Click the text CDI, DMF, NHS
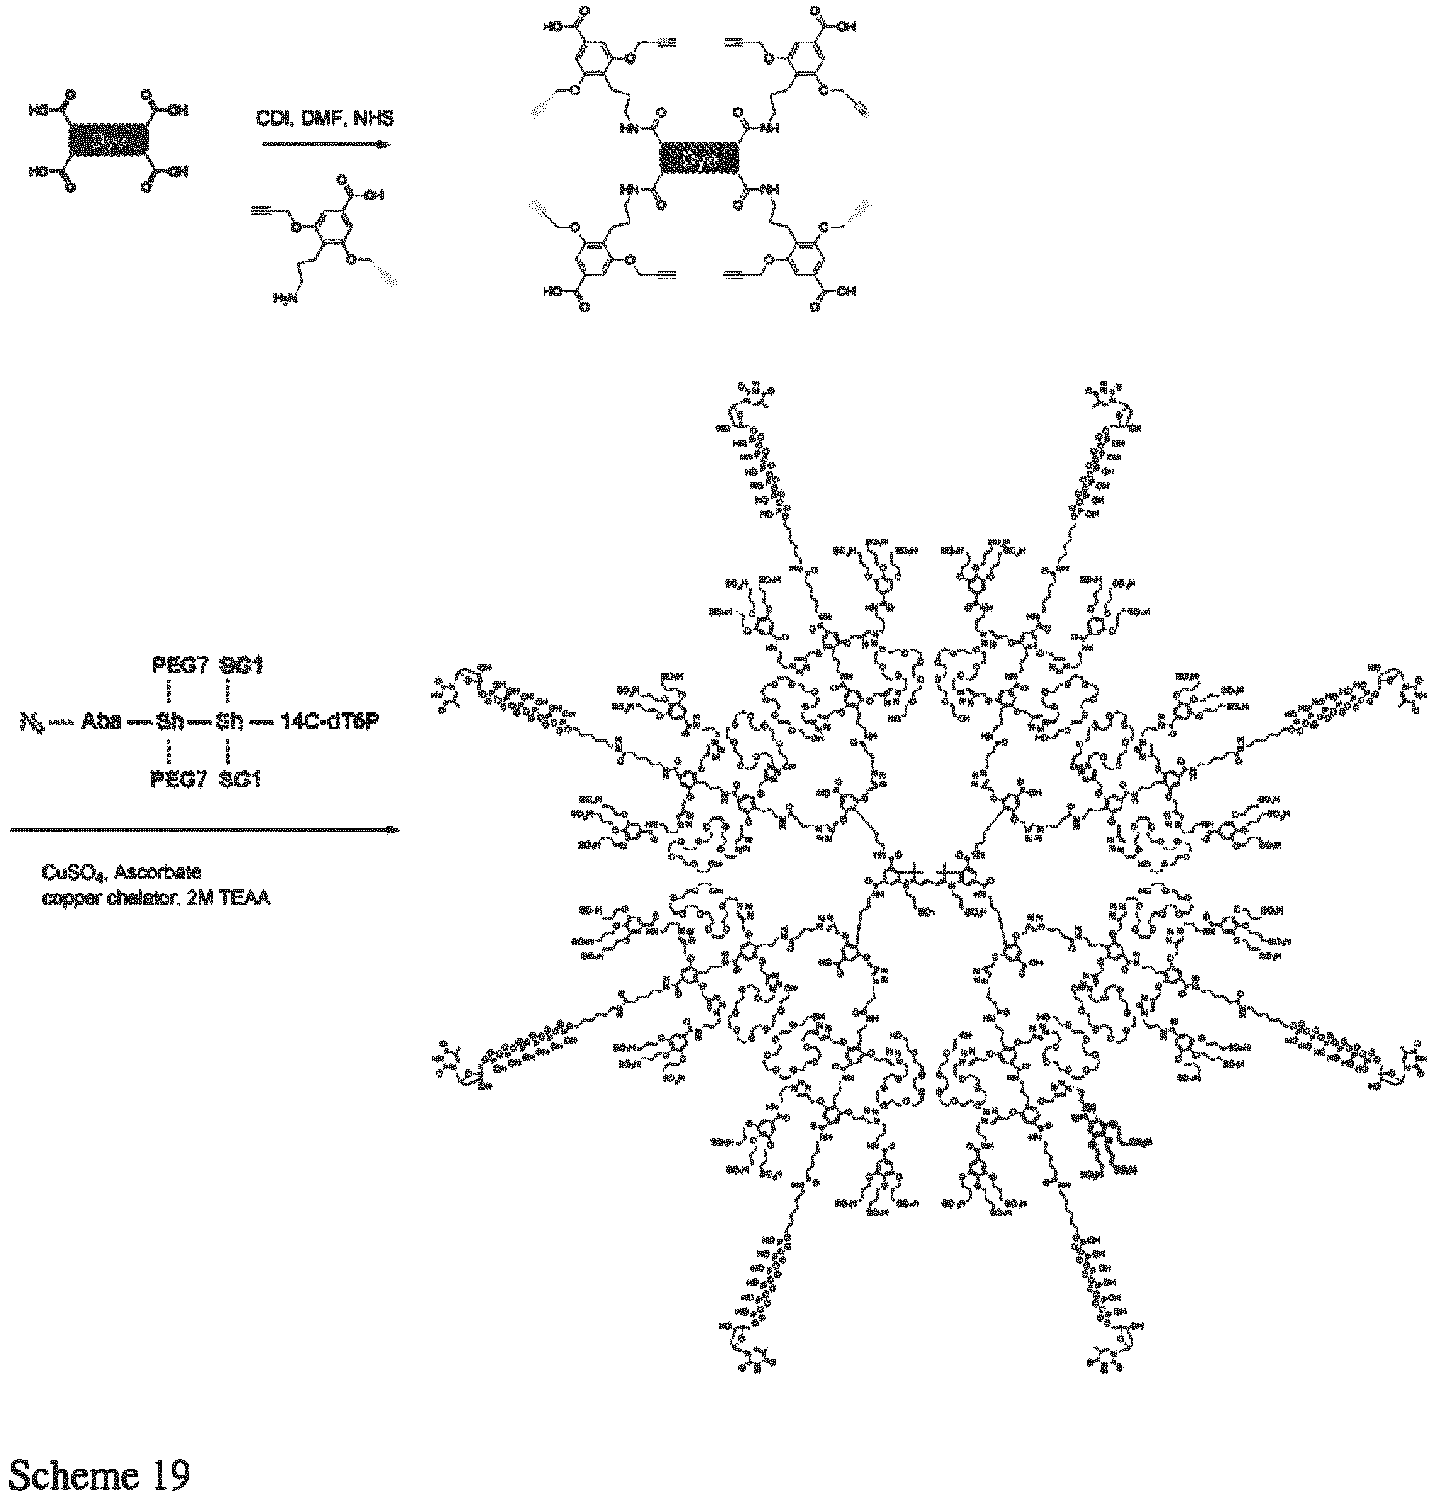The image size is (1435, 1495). click(x=325, y=118)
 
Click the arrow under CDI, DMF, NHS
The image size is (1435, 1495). click(x=325, y=144)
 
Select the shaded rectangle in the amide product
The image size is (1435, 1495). click(x=702, y=158)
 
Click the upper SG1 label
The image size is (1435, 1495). click(x=240, y=665)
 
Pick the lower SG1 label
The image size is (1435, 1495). click(x=240, y=779)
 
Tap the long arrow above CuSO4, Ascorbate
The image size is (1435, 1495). click(x=204, y=829)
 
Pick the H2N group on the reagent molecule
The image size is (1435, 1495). click(x=284, y=297)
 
